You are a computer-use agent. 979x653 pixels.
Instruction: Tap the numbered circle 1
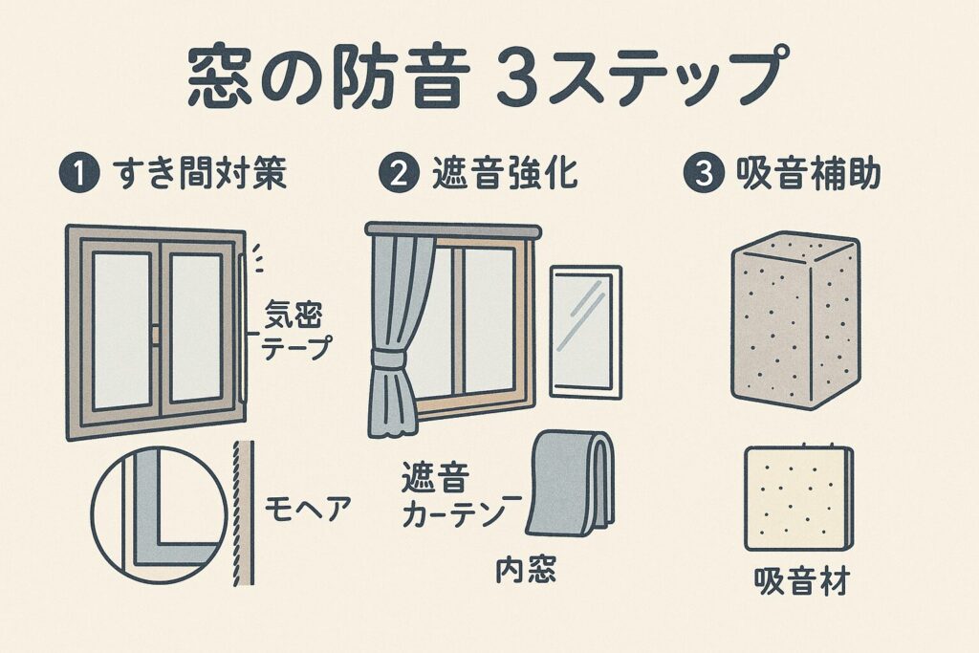[x=79, y=173]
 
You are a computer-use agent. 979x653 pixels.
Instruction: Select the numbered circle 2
[x=400, y=173]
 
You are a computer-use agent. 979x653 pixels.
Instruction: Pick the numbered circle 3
[x=705, y=173]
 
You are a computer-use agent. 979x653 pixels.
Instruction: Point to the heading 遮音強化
[x=506, y=173]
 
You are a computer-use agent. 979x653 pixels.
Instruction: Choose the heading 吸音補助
[x=809, y=173]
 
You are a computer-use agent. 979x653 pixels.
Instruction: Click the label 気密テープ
[x=294, y=329]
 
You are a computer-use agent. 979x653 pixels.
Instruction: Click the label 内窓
[x=525, y=570]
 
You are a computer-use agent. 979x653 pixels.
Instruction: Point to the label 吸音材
[x=802, y=582]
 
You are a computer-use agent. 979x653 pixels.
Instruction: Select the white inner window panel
[x=586, y=332]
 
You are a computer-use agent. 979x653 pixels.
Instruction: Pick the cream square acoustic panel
[x=798, y=497]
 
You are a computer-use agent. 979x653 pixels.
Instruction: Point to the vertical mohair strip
[x=244, y=513]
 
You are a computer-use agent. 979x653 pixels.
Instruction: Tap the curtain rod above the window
[x=453, y=230]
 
